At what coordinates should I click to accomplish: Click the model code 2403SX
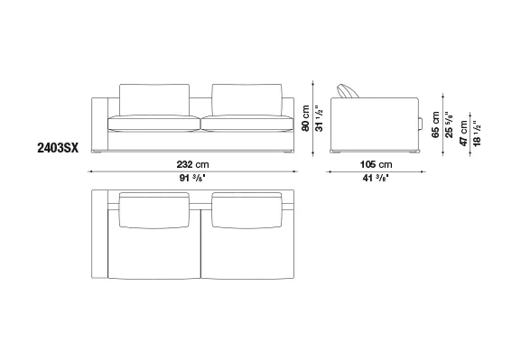pos(58,148)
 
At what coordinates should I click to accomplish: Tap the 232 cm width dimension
pos(192,164)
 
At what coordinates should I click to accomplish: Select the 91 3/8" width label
pos(192,178)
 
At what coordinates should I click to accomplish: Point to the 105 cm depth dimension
pos(377,164)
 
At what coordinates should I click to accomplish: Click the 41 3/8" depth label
pos(376,178)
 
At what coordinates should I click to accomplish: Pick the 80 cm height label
pos(306,118)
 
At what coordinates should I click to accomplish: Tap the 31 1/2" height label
pos(319,118)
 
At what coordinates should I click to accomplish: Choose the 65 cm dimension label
pos(435,125)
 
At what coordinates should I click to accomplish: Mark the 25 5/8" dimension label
pos(449,125)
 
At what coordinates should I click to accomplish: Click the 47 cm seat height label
pos(463,133)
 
